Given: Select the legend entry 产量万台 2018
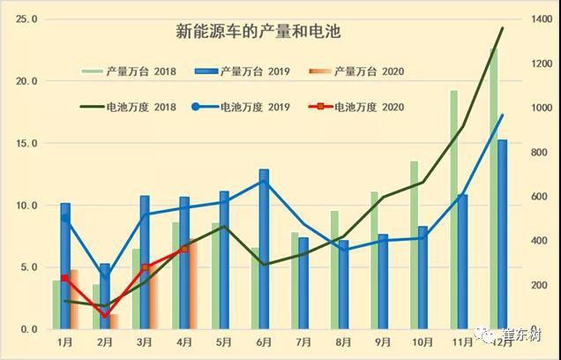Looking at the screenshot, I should pos(142,70).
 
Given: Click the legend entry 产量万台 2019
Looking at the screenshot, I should pos(256,70).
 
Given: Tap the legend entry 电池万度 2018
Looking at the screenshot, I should pos(142,108).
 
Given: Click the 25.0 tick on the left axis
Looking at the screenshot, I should pos(26,19).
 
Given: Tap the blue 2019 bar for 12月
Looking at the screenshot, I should pos(502,235).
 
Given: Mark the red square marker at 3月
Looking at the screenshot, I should pos(146,268).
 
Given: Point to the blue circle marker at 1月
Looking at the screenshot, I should pos(64,218).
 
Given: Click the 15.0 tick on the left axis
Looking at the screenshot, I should pos(26,143).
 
